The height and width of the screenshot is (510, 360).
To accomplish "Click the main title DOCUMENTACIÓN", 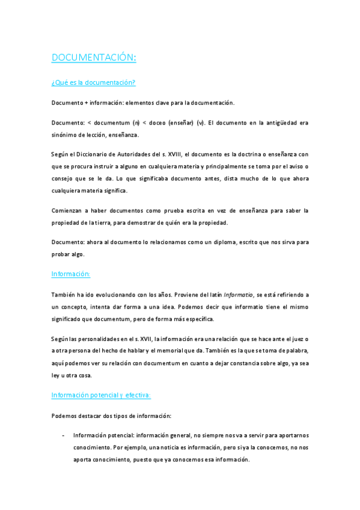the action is click(94, 57).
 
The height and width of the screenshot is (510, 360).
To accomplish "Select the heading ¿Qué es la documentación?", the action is click(93, 82).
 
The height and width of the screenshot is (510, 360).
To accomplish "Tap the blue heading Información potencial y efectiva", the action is click(101, 395).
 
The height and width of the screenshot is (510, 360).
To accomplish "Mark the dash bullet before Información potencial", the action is click(63, 435).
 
